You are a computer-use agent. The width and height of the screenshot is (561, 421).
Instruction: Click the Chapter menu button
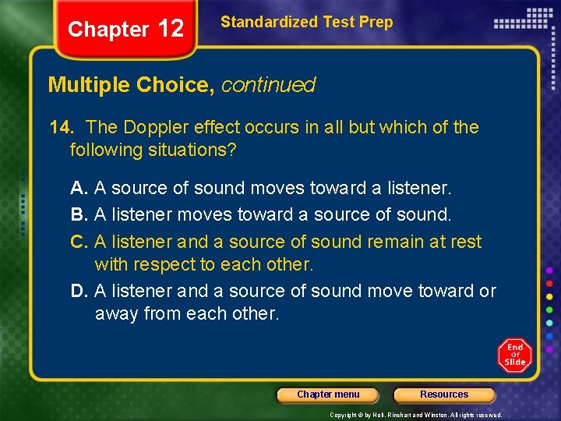(x=328, y=394)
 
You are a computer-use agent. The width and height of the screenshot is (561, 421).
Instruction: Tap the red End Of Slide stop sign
(x=514, y=356)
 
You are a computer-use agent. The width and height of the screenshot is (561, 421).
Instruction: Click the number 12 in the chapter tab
(x=170, y=29)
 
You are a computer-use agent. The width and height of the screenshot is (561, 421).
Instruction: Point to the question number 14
(x=59, y=127)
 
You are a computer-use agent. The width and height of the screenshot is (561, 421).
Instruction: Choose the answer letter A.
(x=78, y=188)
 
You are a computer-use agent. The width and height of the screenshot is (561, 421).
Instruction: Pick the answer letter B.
(x=78, y=214)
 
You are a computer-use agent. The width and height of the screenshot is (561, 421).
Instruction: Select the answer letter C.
(x=78, y=242)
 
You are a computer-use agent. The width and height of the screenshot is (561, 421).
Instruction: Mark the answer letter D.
(x=78, y=291)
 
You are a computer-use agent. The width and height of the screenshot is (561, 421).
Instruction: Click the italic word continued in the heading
(x=268, y=85)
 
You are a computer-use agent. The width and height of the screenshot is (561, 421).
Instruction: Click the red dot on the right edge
(x=549, y=283)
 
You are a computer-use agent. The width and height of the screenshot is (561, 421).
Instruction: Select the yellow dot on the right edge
(x=549, y=296)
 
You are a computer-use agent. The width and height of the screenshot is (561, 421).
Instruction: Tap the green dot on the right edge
(x=549, y=310)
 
